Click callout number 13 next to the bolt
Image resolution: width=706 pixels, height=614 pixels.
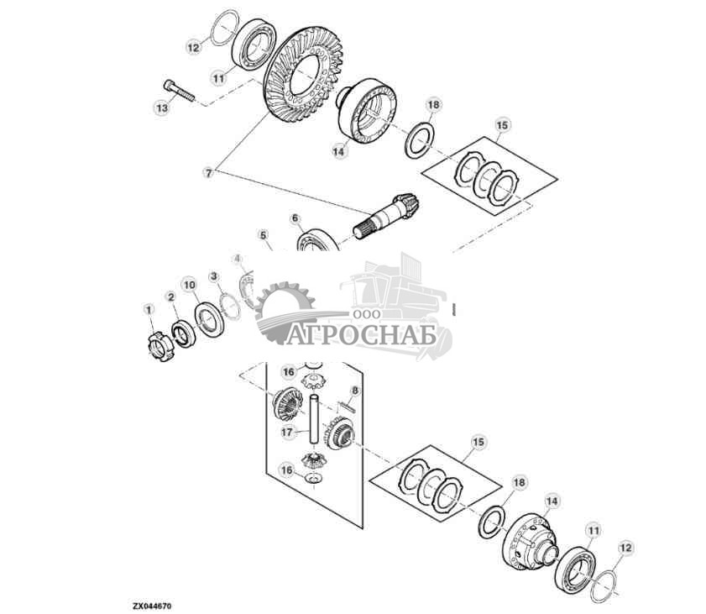tap(162, 108)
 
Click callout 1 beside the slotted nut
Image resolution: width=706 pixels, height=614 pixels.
tap(149, 310)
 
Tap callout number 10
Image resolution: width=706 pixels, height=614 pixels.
tap(190, 286)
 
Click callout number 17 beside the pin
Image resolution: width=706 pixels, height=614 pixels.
tap(287, 433)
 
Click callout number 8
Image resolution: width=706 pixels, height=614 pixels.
tap(354, 391)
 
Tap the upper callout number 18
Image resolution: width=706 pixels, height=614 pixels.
tap(432, 105)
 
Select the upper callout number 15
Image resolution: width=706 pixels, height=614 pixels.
tap(501, 126)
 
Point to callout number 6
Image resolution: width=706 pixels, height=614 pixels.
tap(295, 218)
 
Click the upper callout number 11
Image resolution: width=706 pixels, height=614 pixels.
tap(218, 78)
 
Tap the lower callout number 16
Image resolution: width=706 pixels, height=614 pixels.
tap(287, 470)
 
